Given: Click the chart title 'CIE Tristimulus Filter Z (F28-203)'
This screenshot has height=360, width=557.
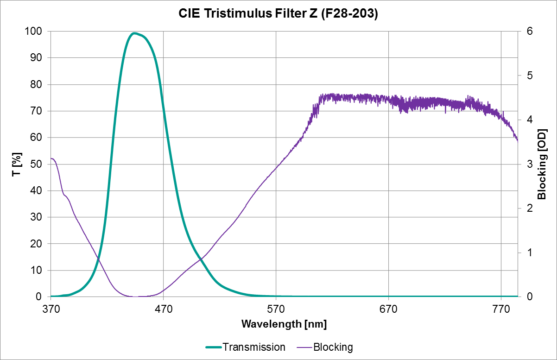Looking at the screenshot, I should pos(278,14).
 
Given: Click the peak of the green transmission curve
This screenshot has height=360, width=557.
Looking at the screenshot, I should pos(134,33).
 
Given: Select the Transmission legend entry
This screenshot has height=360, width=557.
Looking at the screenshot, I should pos(245,347).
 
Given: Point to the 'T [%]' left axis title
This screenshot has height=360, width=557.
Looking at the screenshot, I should pos(17,164).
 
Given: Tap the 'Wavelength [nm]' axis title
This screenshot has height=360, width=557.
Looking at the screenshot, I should pos(284,324).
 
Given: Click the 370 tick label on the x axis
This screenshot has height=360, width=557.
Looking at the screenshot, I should pos(51,307).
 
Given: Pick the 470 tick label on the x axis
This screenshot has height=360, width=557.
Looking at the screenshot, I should pos(164,307).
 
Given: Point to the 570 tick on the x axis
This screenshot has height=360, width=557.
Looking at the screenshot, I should pos(276,307).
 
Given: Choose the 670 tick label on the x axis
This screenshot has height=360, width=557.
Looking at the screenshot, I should pos(388,307).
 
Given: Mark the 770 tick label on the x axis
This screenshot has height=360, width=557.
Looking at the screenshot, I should pos(501,307).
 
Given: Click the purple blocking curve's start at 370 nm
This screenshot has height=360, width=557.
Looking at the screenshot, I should pos(51,159).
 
